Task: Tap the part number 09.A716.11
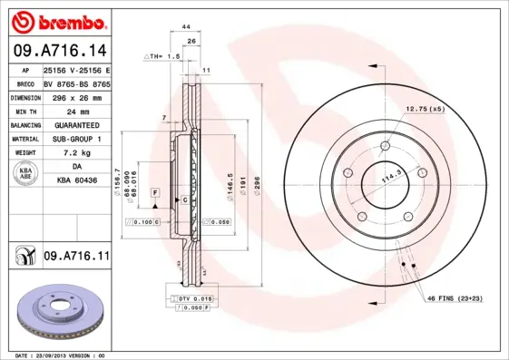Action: tap(76, 258)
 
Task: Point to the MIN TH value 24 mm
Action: tap(76, 110)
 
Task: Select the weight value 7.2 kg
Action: tap(76, 153)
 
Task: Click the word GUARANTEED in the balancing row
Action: tap(76, 124)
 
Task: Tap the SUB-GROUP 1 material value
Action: tap(76, 139)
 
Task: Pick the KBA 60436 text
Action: tap(76, 182)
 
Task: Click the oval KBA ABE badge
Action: tap(25, 175)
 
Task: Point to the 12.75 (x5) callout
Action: tap(425, 110)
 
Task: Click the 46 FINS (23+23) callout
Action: tap(454, 297)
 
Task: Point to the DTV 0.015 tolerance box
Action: tap(189, 298)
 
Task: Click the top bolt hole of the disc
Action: tap(385, 144)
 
